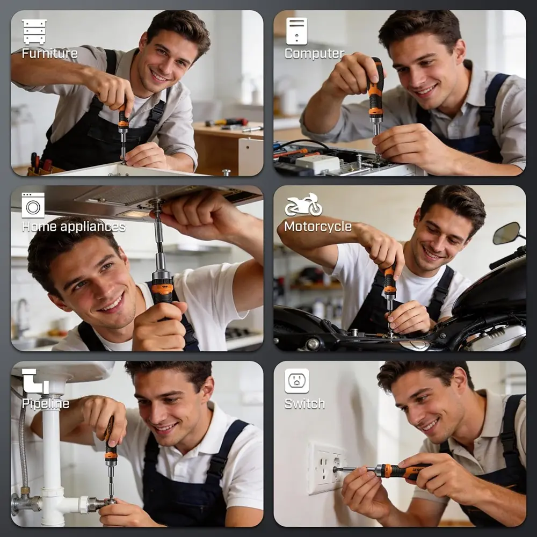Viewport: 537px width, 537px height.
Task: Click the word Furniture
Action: click(49, 53)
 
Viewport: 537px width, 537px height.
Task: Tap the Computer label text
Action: click(314, 53)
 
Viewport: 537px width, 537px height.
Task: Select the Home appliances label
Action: click(74, 227)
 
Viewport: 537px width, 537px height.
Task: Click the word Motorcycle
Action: click(318, 227)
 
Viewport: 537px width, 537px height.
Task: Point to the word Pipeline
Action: click(46, 403)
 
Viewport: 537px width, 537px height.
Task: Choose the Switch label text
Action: click(305, 404)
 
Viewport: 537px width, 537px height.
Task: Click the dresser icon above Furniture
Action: click(34, 32)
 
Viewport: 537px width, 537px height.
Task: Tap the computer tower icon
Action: click(296, 31)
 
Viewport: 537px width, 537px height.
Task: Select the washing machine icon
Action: click(33, 205)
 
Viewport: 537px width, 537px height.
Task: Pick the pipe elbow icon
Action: click(35, 381)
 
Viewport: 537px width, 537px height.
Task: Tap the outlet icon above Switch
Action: click(296, 381)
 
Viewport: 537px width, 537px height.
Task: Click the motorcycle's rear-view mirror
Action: click(506, 233)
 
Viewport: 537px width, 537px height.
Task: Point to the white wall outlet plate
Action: click(325, 468)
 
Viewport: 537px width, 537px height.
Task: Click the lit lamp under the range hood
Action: click(134, 214)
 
